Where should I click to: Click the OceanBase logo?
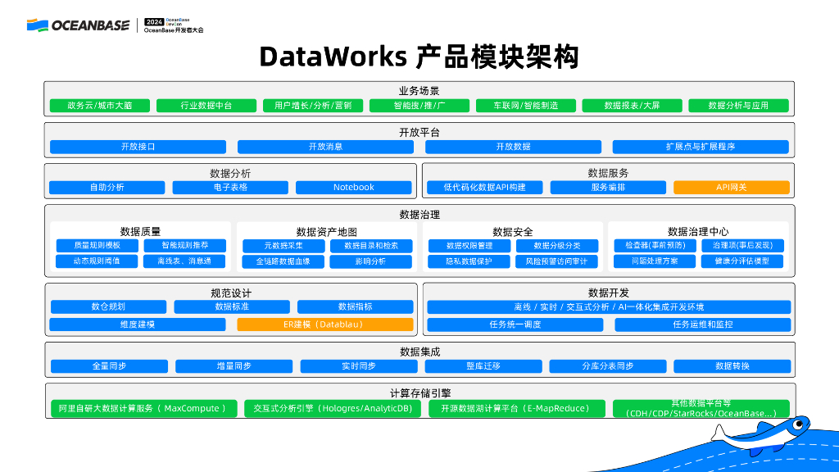[78, 25]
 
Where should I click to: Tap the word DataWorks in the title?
[333, 57]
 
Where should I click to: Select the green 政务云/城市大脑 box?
[99, 106]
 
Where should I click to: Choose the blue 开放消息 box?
[325, 147]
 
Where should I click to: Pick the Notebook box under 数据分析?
[353, 188]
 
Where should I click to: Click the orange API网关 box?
[731, 188]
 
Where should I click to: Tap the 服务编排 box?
[608, 188]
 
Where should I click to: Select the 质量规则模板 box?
[97, 245]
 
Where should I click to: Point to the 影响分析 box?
[370, 261]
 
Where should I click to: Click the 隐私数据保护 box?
[469, 261]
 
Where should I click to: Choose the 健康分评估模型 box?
[741, 261]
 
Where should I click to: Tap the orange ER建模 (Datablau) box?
[324, 324]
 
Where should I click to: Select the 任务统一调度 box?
[515, 324]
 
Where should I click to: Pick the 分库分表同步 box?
[608, 366]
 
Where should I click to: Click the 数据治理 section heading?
[419, 215]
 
